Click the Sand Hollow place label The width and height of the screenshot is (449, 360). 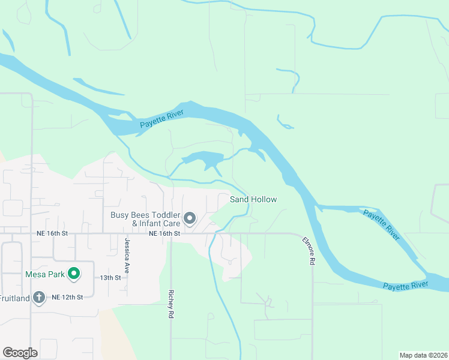click(x=253, y=199)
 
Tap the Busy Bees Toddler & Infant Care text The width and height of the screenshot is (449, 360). click(x=145, y=219)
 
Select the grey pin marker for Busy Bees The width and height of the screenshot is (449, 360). click(x=190, y=218)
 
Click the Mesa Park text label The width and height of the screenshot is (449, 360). click(x=44, y=274)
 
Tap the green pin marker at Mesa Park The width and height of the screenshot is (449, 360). click(x=74, y=274)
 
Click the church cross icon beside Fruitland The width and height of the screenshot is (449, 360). click(x=39, y=297)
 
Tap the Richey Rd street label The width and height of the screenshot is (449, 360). click(x=171, y=305)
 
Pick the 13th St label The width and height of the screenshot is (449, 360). click(x=110, y=278)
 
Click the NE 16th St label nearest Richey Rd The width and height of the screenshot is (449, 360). click(x=164, y=233)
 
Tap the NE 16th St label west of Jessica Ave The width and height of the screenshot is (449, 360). click(x=52, y=233)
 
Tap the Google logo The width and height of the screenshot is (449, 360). click(x=20, y=353)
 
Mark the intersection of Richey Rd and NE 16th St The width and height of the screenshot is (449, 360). click(x=171, y=234)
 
